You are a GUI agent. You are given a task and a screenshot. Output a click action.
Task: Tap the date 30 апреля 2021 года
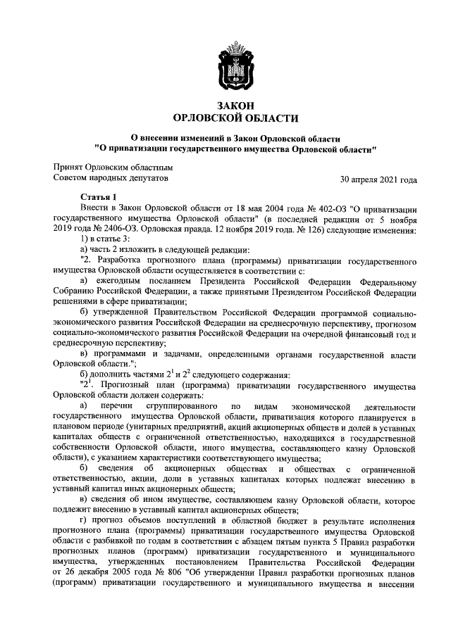tap(378, 179)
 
